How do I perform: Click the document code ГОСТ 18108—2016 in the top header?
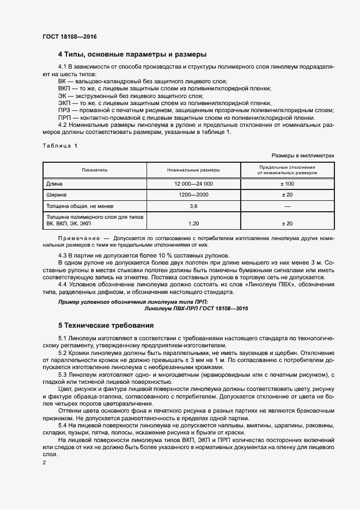(69, 37)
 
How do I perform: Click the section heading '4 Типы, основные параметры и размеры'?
(132, 55)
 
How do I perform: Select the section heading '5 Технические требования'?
(106, 326)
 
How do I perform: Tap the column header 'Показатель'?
(95, 170)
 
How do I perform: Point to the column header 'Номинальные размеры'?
(193, 170)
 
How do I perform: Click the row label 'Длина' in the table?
(54, 184)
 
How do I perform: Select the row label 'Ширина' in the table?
(57, 194)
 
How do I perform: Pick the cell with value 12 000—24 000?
(193, 184)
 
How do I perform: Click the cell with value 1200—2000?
(193, 194)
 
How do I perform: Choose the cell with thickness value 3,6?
(193, 206)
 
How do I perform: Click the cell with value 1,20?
(193, 224)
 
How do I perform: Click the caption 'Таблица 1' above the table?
(60, 146)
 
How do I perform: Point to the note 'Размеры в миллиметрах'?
(302, 155)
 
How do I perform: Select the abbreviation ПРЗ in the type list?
(64, 109)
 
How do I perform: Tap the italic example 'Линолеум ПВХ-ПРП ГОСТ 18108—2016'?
(196, 308)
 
